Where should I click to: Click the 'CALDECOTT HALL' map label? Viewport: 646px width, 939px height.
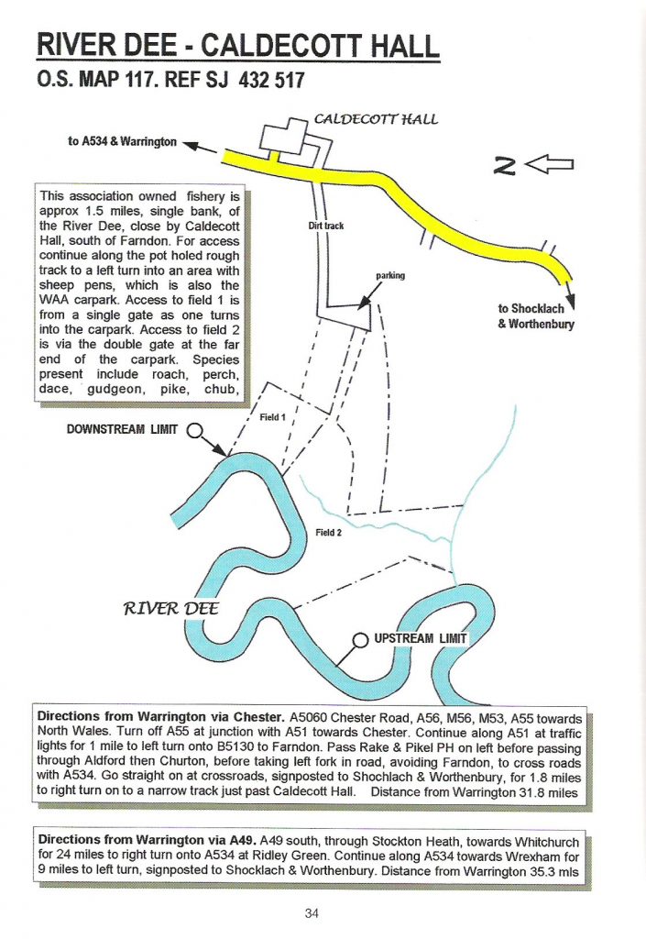click(x=376, y=118)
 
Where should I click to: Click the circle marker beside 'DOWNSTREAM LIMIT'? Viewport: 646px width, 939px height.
click(x=194, y=429)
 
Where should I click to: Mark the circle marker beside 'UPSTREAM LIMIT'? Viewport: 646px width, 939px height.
click(x=360, y=640)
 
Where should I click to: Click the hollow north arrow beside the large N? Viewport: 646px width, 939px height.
click(x=555, y=165)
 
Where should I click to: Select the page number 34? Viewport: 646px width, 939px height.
click(x=322, y=912)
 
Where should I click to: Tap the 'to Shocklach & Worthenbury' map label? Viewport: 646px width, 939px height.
click(x=535, y=315)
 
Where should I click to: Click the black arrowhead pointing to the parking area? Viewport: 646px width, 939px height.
click(x=366, y=300)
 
